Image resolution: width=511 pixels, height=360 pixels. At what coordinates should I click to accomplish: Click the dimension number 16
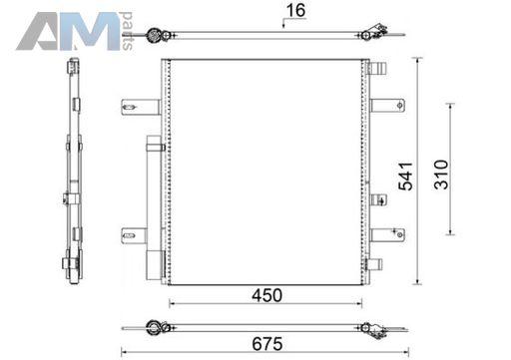(295, 10)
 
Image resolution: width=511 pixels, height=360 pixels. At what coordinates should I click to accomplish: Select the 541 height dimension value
(406, 177)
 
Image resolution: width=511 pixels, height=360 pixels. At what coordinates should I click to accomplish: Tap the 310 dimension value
(441, 175)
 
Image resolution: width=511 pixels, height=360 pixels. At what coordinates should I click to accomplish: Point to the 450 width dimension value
(266, 295)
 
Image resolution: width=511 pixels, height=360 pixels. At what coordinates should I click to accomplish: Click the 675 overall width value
(267, 344)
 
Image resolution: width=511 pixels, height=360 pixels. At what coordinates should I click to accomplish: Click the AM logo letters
(68, 31)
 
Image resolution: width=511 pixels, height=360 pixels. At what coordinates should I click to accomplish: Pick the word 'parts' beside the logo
(128, 31)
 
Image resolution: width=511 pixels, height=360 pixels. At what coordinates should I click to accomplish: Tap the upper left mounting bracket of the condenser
(141, 107)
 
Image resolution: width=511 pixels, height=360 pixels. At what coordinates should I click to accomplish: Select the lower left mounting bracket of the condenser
(134, 236)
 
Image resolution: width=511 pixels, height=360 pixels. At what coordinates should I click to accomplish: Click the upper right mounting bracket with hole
(387, 106)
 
